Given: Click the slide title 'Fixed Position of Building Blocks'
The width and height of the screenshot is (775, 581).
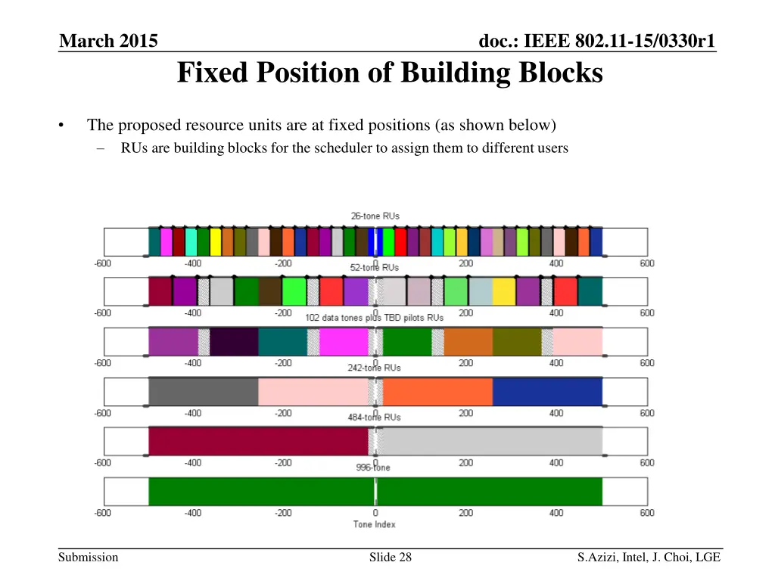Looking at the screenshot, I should [390, 73].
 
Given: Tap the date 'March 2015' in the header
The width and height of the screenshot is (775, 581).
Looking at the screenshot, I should [109, 41].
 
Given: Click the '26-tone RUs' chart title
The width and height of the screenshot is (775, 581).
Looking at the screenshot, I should [375, 216].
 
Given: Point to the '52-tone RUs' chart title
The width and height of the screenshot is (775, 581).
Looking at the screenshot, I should [375, 268].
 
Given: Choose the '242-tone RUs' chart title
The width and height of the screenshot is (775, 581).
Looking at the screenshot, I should [375, 368].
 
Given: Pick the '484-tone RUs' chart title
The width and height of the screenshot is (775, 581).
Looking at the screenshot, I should [375, 417].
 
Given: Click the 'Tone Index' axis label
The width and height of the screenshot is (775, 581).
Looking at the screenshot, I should [375, 524].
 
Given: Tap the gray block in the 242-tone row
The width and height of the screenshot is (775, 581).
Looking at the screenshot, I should [203, 391].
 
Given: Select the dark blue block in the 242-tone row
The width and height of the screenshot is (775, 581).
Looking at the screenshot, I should [547, 391].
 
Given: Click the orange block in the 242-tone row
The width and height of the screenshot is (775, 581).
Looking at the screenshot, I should [437, 391].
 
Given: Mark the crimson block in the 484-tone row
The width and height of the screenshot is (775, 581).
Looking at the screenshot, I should [257, 441].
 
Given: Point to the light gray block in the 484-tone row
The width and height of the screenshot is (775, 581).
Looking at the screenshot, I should [492, 441].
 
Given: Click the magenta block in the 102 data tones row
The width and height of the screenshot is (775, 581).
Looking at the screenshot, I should [343, 341].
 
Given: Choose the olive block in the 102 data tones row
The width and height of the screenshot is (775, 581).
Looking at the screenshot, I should [517, 341].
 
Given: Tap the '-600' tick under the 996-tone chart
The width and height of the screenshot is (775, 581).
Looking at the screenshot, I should [102, 513].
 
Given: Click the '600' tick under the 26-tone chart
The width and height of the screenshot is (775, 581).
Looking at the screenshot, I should [647, 263].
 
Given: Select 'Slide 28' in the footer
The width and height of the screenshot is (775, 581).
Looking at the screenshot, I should [391, 558].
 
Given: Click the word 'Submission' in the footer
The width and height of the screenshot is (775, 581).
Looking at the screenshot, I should [89, 558].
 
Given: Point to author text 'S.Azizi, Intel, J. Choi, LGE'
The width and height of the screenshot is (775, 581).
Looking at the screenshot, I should [649, 558].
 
